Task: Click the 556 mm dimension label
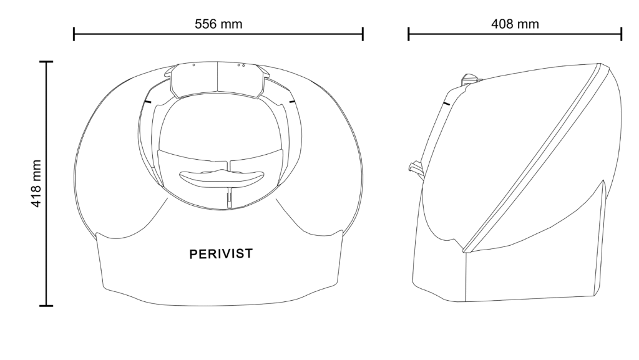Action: coord(218,24)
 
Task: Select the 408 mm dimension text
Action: coord(515,24)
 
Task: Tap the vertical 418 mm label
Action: coord(36,183)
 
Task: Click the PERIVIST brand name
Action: coord(221,254)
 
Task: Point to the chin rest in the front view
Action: coord(222,178)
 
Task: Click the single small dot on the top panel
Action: coord(193,65)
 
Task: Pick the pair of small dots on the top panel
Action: coord(241,65)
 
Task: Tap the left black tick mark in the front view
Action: coord(147,101)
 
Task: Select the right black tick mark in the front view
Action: coord(292,101)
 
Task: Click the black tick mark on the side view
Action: coord(447,104)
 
